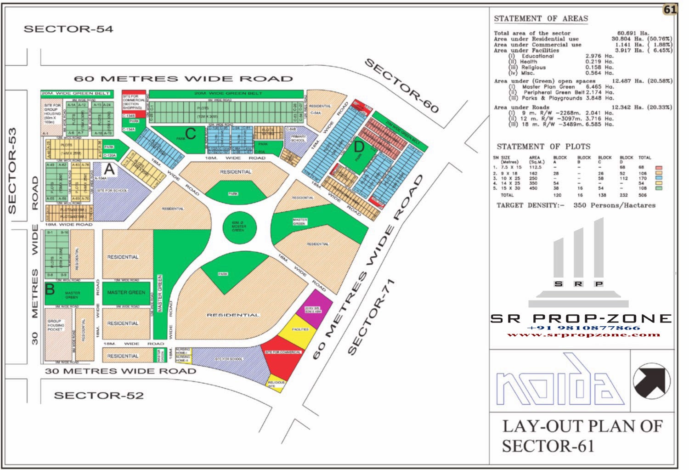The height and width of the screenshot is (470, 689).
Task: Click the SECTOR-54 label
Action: coord(68,29)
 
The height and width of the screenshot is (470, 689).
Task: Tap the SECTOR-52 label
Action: coord(98,396)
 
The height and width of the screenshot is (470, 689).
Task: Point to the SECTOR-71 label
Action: coord(371,317)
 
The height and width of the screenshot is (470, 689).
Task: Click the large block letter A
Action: coord(109,170)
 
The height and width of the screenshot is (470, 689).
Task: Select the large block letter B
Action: coord(50,290)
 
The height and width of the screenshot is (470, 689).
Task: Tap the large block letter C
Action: coord(191,134)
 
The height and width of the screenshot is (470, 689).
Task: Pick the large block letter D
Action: coord(359,147)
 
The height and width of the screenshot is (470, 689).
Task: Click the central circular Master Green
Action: coord(238,227)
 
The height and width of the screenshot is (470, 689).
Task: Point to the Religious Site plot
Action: coord(276,384)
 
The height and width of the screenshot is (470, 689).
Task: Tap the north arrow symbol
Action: coord(651,381)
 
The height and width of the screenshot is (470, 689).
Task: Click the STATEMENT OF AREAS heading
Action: coord(541,19)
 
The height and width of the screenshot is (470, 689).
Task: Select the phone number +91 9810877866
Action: coord(584,328)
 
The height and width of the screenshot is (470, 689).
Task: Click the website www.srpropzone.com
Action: coord(583,334)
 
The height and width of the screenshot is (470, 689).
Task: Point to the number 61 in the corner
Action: coord(670,10)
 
